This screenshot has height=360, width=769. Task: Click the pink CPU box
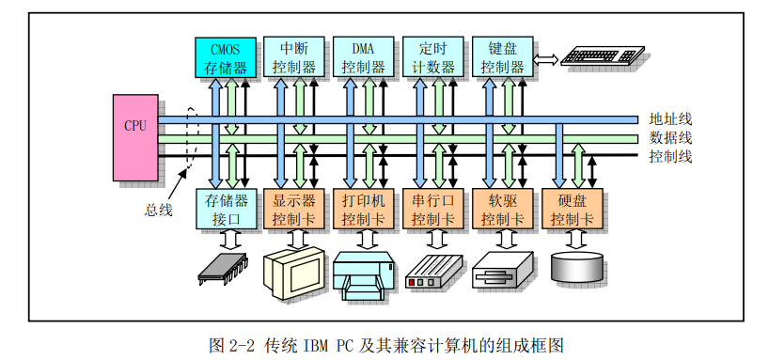(x=135, y=138)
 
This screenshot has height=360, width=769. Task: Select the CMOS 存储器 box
(x=226, y=56)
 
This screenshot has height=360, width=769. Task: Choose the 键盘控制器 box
(x=503, y=56)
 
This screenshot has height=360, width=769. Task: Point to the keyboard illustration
(x=603, y=55)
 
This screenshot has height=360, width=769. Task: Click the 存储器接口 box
(x=226, y=209)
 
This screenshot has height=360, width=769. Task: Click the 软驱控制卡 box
(x=503, y=209)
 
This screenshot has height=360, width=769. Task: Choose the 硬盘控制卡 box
(x=573, y=209)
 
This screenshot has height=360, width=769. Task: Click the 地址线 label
(x=670, y=119)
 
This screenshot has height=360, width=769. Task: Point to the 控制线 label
(x=670, y=157)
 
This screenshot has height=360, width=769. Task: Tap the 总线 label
(x=159, y=211)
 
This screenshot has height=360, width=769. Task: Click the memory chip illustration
(x=224, y=268)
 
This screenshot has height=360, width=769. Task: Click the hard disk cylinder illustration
(x=577, y=266)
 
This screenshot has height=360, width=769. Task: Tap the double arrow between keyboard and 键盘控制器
(x=546, y=59)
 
